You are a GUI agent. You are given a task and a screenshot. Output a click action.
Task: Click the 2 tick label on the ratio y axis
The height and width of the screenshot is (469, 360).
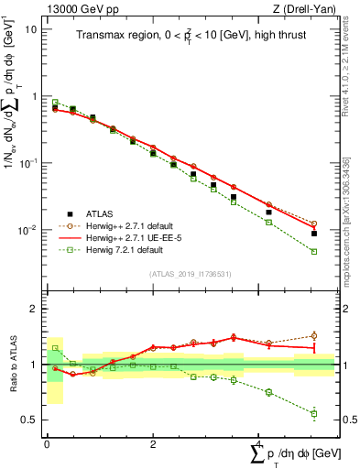35,309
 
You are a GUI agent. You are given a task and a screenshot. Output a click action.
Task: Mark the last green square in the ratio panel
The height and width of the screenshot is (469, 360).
314,414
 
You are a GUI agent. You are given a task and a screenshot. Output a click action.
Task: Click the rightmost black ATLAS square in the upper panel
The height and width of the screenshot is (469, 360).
314,234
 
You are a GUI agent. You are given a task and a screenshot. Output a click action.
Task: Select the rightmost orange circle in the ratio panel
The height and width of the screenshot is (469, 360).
314,336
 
